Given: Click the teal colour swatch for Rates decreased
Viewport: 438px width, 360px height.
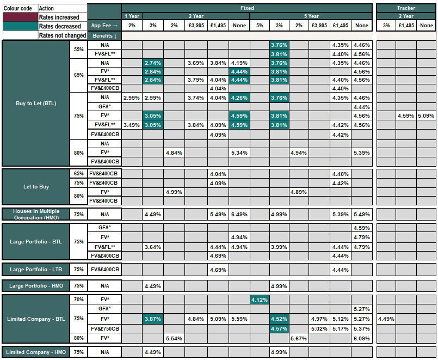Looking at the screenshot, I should [x=20, y=26].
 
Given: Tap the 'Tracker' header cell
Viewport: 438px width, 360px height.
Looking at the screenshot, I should [x=405, y=8].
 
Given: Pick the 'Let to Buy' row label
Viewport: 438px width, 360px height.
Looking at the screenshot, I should [x=36, y=187].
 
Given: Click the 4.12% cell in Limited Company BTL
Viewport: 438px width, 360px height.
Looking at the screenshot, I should [x=260, y=300].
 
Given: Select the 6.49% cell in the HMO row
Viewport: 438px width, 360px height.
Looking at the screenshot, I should [x=239, y=215].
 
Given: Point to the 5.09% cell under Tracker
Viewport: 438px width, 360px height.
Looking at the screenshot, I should [x=426, y=116].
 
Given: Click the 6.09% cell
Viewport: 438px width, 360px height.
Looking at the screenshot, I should [x=361, y=339].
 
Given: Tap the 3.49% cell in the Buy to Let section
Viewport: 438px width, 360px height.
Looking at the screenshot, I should [x=131, y=125].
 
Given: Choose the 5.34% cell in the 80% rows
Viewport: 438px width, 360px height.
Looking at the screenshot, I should [x=239, y=152].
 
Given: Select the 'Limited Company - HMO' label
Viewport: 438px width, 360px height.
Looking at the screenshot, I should [x=36, y=352].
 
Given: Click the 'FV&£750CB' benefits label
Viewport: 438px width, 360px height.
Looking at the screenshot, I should [x=104, y=329].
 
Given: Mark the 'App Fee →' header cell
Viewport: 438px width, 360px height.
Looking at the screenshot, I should [x=104, y=26].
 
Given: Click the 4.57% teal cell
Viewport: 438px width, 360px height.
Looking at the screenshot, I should [x=279, y=329].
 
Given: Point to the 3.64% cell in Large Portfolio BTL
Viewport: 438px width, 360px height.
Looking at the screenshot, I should [x=153, y=247].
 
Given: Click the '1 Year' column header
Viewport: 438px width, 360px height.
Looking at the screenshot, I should [x=131, y=16].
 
